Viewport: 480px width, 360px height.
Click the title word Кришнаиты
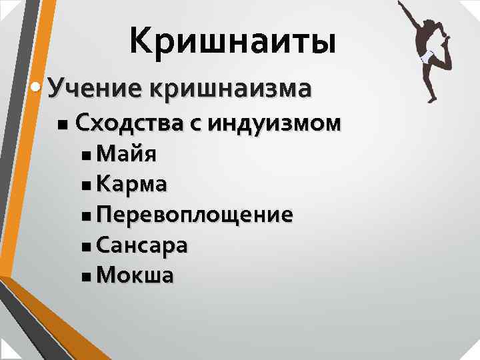(x=233, y=39)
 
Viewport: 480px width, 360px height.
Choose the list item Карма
(x=132, y=185)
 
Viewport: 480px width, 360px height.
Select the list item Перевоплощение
(x=194, y=215)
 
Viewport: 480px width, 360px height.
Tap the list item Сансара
(x=141, y=245)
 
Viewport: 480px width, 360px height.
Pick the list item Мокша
(x=135, y=275)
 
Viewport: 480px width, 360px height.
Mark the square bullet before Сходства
(x=62, y=125)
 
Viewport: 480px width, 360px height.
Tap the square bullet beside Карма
(x=87, y=186)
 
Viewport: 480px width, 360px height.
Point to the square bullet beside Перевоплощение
(x=87, y=216)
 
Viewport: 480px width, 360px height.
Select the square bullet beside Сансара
(x=87, y=247)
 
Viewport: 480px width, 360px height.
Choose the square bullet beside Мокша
(x=87, y=277)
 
